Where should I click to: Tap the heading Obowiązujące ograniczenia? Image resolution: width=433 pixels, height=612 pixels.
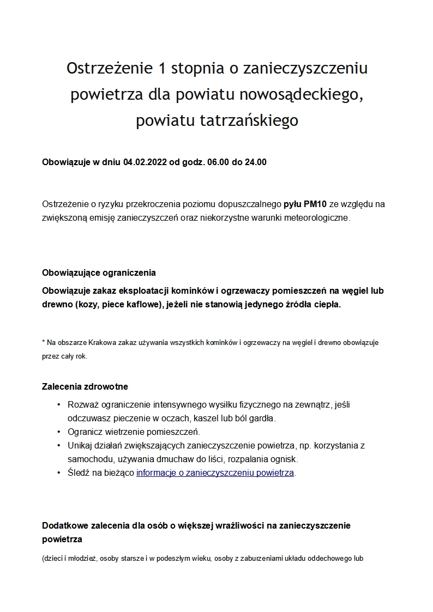[99, 272]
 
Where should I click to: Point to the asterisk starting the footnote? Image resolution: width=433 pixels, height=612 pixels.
[44, 342]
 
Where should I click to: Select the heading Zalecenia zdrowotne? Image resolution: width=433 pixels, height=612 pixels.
[85, 387]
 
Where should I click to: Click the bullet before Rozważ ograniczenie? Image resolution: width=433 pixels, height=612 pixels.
[58, 405]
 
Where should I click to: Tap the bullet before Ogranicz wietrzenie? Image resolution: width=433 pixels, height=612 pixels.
[58, 432]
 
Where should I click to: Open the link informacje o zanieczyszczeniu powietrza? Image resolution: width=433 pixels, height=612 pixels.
[215, 472]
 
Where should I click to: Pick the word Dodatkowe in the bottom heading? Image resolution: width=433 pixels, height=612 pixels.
[64, 526]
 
